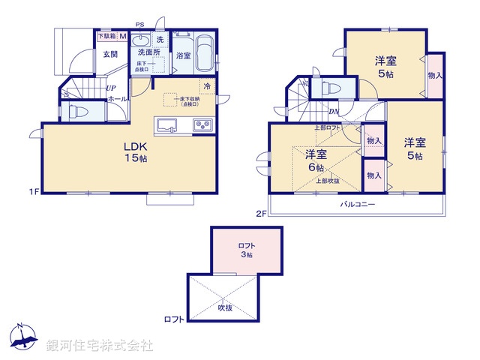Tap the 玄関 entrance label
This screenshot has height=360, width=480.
pos(110,54)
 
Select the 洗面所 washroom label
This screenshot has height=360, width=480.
pos(148,53)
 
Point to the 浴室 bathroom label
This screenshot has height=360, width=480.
pos(184,55)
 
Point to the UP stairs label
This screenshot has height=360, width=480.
pos(110,88)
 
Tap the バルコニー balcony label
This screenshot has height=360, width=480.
pos(358,204)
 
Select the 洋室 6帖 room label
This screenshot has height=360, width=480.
pos(316,161)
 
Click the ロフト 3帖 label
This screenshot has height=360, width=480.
pos(246,250)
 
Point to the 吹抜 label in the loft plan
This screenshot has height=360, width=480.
pos(224,307)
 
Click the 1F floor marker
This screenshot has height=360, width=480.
pos(34,192)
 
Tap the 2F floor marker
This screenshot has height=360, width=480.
pos(261,214)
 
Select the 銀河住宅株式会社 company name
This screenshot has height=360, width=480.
pos(99,346)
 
